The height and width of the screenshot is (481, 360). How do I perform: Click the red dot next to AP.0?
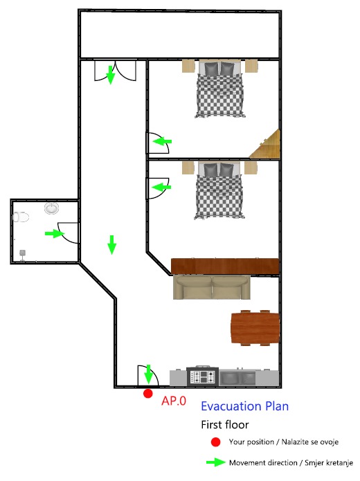point(148,394)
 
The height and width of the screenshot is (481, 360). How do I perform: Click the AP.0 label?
point(174,401)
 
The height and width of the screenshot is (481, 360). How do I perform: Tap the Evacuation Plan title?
point(244,406)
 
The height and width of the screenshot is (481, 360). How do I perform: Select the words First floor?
point(225,424)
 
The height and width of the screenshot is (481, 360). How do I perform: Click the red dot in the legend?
point(216,442)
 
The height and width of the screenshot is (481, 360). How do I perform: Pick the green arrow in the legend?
point(216,462)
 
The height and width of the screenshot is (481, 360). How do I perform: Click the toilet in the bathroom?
point(21,217)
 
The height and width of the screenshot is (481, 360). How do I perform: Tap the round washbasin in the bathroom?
point(51,208)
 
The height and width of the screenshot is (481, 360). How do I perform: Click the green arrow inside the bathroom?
point(55,233)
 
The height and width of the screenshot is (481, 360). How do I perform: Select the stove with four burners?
point(203,376)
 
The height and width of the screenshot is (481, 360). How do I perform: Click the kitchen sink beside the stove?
point(237,377)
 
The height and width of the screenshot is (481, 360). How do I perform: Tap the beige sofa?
point(211,287)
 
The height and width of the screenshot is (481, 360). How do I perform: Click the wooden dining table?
point(255,327)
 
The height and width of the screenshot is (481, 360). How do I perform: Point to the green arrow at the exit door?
point(148,374)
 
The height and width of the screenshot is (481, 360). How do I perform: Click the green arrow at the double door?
point(111,75)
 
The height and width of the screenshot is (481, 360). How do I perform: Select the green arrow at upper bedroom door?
point(162,141)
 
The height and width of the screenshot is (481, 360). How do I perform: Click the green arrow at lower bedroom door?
point(161,187)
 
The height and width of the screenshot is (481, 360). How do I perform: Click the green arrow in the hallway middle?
point(111,245)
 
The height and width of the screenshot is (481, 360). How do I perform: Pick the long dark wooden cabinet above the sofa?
point(225,266)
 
